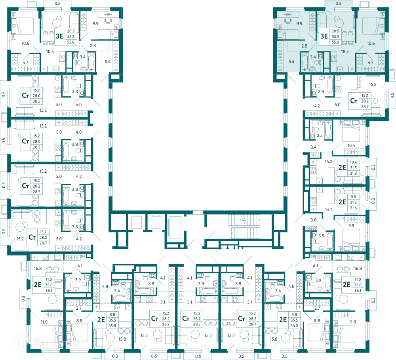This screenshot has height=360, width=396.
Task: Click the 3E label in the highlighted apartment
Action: (x=324, y=36)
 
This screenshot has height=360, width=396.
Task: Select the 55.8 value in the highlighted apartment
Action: (x=335, y=42)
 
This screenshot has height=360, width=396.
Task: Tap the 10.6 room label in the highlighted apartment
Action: (x=371, y=43)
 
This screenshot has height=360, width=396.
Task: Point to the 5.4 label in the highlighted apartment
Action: (x=291, y=61)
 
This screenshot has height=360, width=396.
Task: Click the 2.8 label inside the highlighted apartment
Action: (x=304, y=46)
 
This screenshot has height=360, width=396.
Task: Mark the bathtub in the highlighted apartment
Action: (x=305, y=62)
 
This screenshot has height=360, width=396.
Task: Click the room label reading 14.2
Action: (x=329, y=161)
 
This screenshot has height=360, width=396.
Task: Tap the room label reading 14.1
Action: (x=329, y=209)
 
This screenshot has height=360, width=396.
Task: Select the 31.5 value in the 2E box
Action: (x=353, y=168)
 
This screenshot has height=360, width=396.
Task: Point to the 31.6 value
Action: (x=353, y=208)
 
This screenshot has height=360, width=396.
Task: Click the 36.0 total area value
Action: (x=294, y=326)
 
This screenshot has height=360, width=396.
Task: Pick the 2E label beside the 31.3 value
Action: (x=342, y=202)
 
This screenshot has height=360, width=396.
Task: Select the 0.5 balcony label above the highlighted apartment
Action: (x=339, y=4)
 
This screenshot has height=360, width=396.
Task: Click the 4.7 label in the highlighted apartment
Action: (x=371, y=63)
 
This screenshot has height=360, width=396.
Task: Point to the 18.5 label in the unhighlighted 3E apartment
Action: (x=50, y=51)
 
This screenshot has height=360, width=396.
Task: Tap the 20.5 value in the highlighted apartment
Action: (x=335, y=31)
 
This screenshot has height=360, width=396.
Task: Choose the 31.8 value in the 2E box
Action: (x=353, y=173)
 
